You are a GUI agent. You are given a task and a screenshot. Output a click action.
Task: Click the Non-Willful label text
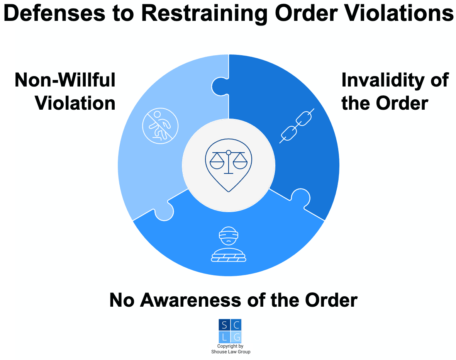click(x=65, y=80)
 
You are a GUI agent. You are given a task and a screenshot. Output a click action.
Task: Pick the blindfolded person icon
click(x=229, y=244)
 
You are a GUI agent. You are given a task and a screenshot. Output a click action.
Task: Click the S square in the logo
click(x=224, y=325)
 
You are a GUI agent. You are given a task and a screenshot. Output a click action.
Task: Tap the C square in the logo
click(x=236, y=325)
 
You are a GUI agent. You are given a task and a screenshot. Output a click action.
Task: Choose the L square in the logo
click(x=224, y=337)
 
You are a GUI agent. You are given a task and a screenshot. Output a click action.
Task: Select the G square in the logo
click(x=236, y=337)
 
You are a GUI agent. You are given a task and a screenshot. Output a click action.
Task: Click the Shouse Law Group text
click(x=231, y=352)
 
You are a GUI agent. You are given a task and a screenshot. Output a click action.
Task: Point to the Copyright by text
click(x=231, y=346)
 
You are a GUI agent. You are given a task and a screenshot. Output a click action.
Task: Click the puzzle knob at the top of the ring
click(x=220, y=85)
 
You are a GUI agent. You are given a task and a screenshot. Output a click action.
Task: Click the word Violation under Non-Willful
click(x=76, y=104)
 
